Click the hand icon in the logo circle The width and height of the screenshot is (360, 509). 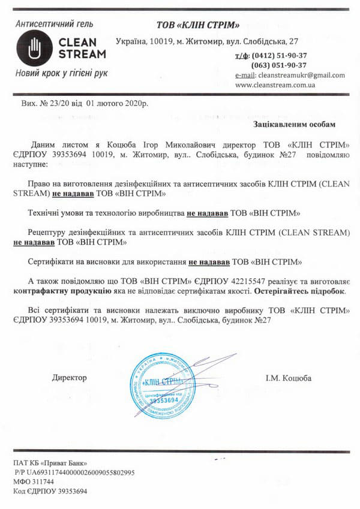click(34, 48)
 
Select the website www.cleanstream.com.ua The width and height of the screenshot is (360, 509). click(276, 85)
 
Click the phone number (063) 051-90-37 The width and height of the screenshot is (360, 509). click(280, 65)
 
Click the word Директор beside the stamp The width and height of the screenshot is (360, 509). click(70, 378)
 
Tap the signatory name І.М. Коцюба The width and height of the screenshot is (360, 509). click(289, 378)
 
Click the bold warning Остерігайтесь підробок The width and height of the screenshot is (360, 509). click(298, 290)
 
